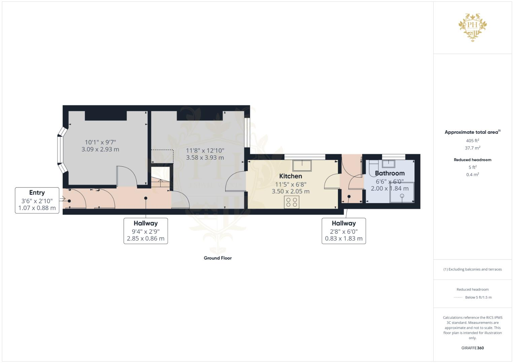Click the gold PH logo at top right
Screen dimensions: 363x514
pos(473,27)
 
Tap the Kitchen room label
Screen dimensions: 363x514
pos(290,176)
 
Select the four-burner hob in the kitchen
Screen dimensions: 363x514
pos(291,202)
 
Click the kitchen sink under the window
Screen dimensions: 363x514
pos(302,165)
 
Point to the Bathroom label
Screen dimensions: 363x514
pos(389,173)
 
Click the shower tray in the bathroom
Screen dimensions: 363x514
pos(402,193)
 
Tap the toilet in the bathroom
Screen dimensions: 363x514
pos(373,168)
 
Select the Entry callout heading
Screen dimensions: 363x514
pos(37,193)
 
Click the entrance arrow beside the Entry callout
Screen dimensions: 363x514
pos(62,199)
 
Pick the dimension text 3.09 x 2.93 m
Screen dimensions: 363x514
pos(100,149)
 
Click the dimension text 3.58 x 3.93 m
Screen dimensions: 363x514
pos(205,157)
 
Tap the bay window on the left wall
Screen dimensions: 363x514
pos(60,150)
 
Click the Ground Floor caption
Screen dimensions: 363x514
pos(217,258)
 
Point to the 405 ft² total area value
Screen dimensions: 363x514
pos(472,141)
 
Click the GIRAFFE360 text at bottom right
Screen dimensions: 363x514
pos(472,348)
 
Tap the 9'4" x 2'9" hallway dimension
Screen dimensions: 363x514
pos(145,232)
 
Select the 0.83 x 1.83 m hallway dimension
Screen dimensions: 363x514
pos(343,239)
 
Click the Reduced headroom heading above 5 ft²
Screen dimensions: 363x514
pos(472,160)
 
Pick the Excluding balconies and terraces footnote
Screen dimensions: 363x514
pos(472,269)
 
